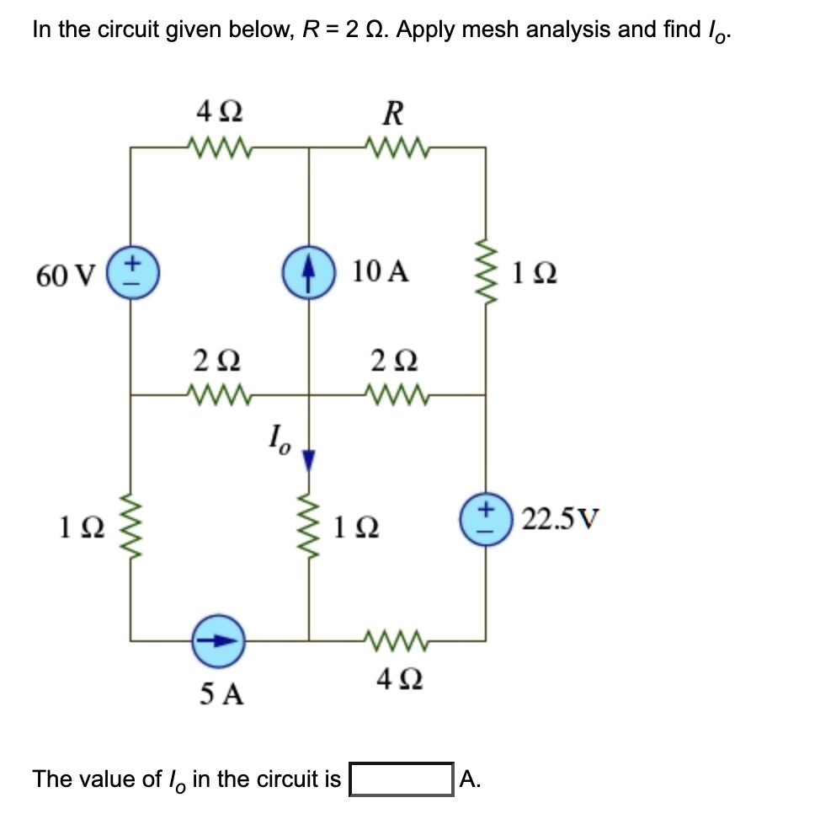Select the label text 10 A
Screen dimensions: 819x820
[x=381, y=271]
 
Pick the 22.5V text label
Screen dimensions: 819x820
[x=561, y=516]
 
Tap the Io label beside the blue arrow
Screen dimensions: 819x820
[x=277, y=439]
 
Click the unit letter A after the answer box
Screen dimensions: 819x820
[x=470, y=779]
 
